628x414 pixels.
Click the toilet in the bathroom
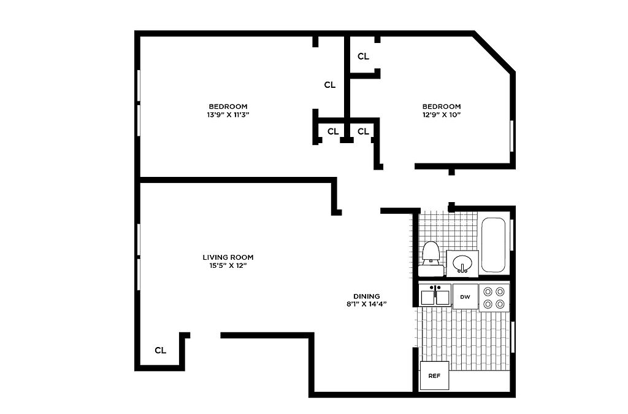pos(431,259)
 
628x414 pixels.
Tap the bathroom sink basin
pos(462,264)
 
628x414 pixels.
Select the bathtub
pos(494,244)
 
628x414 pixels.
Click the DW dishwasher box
pos(465,297)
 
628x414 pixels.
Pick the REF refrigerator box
pos(434,375)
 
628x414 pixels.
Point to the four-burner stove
pos(494,298)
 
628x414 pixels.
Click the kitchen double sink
pos(435,295)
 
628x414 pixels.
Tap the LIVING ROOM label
pos(228,257)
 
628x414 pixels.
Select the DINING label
pos(367,297)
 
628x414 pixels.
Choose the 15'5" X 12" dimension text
pos(228,265)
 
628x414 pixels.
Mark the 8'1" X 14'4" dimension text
pos(367,304)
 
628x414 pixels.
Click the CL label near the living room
pos(160,351)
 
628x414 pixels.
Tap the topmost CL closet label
pos(363,57)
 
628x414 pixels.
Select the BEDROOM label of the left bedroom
pos(228,106)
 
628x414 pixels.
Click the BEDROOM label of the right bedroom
pos(442,106)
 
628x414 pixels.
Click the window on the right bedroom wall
pos(511,136)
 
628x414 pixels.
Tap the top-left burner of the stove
pos(488,291)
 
